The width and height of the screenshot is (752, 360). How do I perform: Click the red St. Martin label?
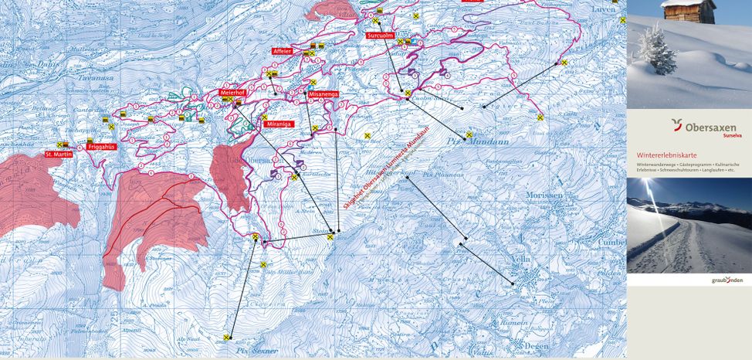[x=59, y=154]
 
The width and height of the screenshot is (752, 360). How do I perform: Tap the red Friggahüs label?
[x=102, y=145]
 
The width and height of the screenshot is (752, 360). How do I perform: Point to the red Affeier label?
[x=282, y=51]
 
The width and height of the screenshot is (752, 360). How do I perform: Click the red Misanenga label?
[x=323, y=93]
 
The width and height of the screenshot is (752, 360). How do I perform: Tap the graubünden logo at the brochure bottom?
[x=727, y=280]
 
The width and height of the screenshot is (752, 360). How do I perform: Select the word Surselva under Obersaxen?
[x=724, y=136]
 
